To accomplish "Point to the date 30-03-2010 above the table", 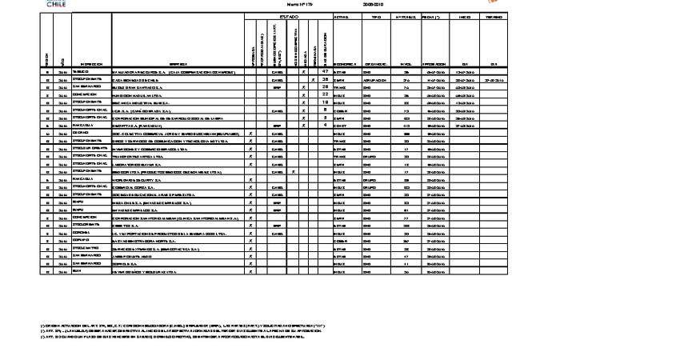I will point(374,5).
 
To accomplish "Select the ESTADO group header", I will point(288,16).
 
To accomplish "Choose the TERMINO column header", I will point(494,16).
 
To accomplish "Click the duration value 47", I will point(326,72).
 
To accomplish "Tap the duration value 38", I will point(326,80).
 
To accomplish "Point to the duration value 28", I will point(326,87).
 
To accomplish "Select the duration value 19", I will point(326,102).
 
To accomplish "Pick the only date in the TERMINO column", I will point(494,80).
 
